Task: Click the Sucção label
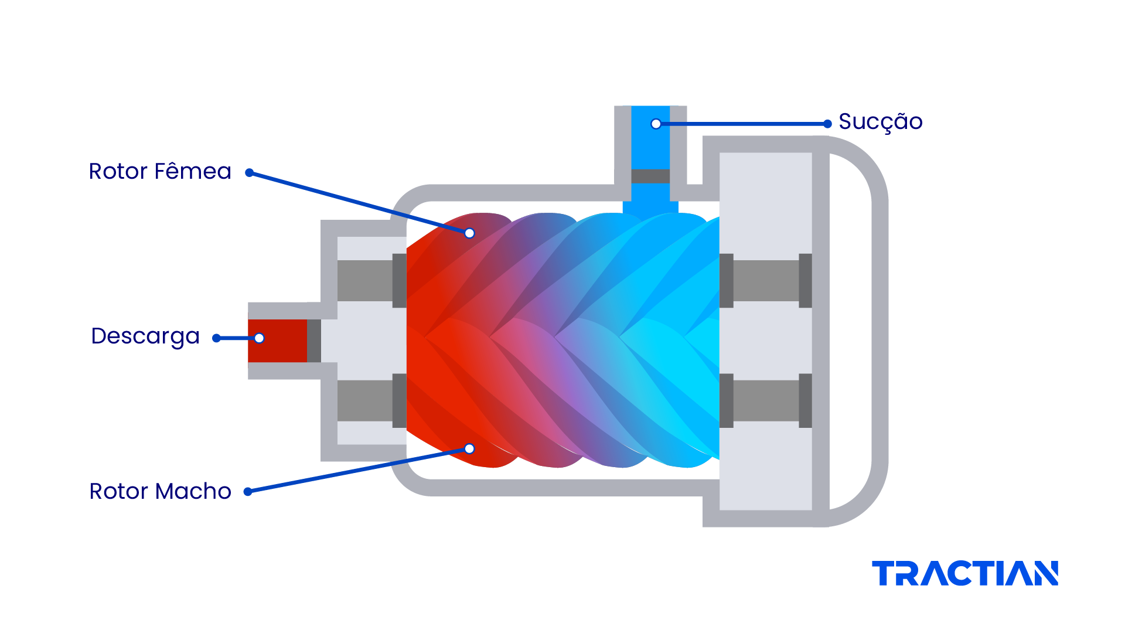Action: (x=881, y=122)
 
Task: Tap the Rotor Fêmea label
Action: (x=160, y=171)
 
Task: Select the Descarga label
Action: (x=145, y=336)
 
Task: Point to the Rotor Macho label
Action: (x=160, y=491)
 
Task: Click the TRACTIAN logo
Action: (x=965, y=573)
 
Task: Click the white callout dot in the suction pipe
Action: (x=656, y=124)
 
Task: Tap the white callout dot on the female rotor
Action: (x=469, y=233)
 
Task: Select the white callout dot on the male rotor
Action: (x=469, y=449)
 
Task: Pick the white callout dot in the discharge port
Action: (x=259, y=338)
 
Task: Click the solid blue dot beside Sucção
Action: (x=827, y=124)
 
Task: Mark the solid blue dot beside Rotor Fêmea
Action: (x=249, y=173)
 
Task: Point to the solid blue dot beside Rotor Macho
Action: (x=248, y=492)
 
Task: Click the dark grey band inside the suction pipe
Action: (x=650, y=176)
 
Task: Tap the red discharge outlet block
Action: (x=277, y=341)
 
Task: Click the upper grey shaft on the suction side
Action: (x=766, y=281)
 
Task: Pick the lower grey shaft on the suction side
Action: (x=766, y=400)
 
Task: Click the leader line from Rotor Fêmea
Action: (x=359, y=203)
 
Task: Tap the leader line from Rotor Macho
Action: (x=359, y=470)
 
